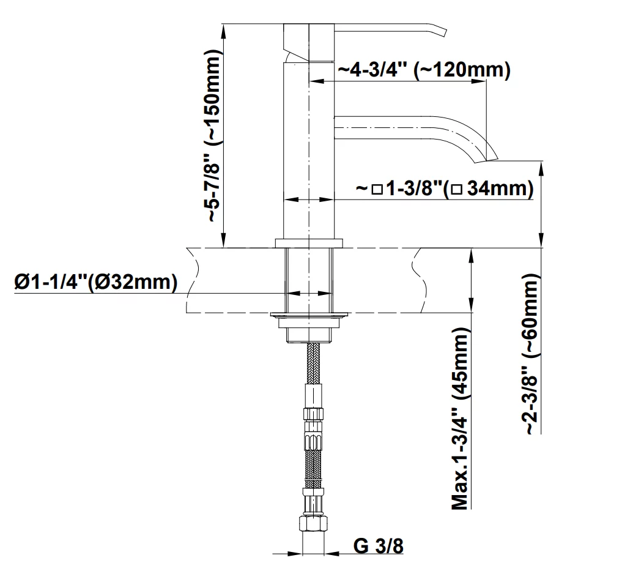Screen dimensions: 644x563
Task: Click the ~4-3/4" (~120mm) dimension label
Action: (424, 70)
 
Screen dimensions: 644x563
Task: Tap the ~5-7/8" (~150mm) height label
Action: (214, 136)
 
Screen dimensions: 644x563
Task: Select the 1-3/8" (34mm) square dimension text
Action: (445, 188)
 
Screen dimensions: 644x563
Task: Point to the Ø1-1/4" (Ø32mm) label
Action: (96, 282)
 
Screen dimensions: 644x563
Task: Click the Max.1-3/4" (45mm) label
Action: (460, 419)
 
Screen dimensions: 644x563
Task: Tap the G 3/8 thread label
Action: (379, 546)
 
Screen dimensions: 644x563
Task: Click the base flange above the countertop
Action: (309, 244)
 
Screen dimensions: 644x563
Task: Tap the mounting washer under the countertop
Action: (309, 315)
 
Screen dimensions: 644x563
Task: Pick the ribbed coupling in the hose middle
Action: (313, 441)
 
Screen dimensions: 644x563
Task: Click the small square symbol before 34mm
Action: (377, 190)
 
